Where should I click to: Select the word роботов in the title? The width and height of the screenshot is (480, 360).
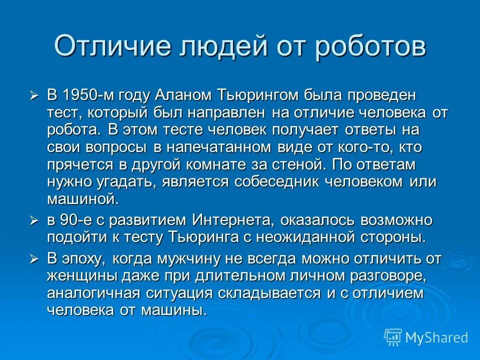(371, 46)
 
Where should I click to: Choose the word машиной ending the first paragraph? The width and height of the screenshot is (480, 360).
(83, 199)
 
